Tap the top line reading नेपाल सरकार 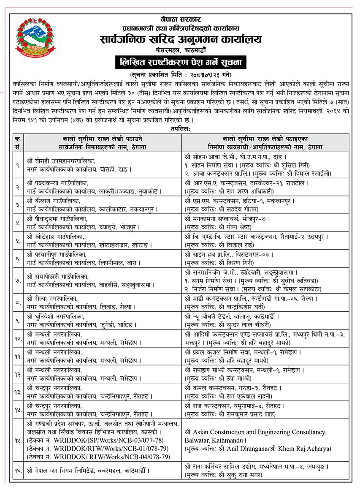[x=181, y=19]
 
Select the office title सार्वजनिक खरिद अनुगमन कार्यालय [x=181, y=40]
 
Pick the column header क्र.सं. [x=18, y=143]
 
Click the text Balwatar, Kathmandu [x=213, y=440]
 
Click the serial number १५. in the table [x=18, y=440]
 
